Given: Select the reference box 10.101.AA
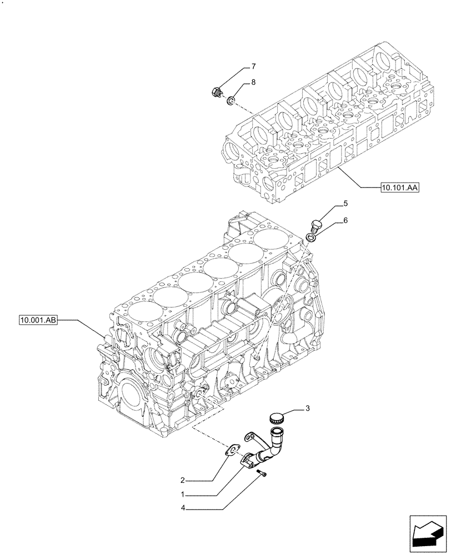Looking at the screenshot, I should (399, 188).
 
